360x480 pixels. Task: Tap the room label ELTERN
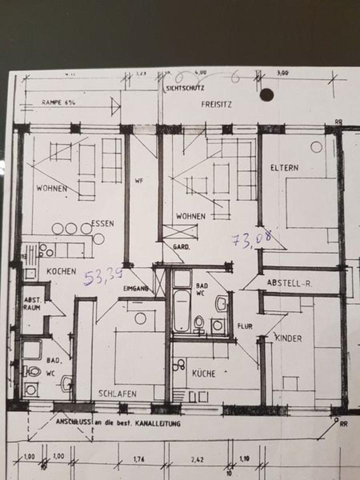284,168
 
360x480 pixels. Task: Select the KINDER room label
288,338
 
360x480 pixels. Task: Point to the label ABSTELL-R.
289,283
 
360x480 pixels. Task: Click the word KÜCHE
203,373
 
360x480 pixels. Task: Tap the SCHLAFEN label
117,393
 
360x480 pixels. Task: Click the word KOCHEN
61,271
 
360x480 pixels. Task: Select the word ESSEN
102,223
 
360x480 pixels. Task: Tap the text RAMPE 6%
58,102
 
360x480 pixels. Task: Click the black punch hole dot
266,94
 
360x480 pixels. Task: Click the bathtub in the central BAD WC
181,310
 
